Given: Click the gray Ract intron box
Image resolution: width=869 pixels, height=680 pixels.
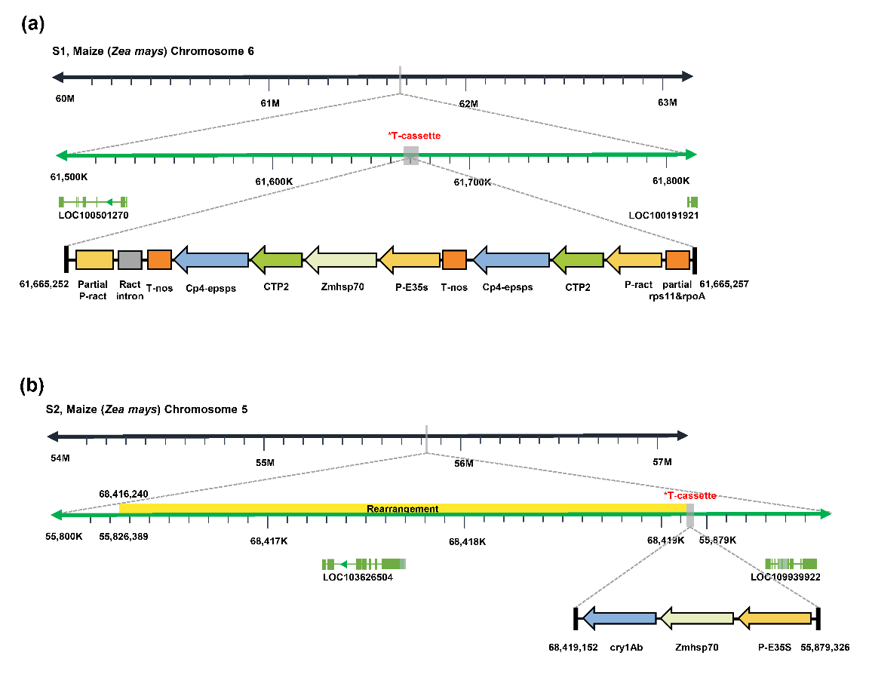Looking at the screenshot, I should click(130, 260).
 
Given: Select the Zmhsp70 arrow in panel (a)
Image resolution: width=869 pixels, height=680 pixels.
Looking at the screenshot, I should click(340, 260).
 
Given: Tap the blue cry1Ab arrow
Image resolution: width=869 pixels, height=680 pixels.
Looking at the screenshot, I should click(619, 618).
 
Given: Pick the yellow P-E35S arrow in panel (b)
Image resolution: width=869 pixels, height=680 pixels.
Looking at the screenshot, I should click(774, 618).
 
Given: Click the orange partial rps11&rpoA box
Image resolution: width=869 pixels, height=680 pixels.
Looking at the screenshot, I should click(677, 260).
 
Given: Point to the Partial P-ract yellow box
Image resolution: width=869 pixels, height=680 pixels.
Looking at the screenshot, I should click(94, 260).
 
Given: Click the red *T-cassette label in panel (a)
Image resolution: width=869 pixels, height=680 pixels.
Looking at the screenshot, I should click(413, 136).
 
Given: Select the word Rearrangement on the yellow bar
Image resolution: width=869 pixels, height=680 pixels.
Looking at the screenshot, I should click(402, 509).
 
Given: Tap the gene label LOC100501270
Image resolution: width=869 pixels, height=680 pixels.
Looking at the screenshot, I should click(94, 215).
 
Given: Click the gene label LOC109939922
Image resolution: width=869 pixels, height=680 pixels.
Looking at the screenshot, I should click(785, 577).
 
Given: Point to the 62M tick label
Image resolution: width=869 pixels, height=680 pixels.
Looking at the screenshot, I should click(468, 103).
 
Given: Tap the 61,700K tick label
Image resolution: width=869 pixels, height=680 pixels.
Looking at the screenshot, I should click(472, 182).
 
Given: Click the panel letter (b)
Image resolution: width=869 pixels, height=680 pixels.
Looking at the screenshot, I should click(32, 386).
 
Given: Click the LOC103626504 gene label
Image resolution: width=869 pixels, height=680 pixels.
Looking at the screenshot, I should click(358, 577).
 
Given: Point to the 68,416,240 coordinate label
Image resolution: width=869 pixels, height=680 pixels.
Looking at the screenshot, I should click(123, 494).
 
